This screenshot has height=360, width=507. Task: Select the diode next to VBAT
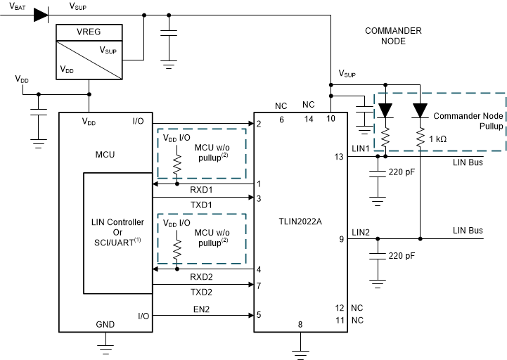coord(41,14)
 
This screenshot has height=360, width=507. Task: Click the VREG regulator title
coord(88,32)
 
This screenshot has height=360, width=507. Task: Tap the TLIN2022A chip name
coord(299,222)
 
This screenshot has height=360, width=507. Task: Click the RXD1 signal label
coord(201,191)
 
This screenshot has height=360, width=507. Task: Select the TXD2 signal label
coord(201,291)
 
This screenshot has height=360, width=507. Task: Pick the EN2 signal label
coord(201,308)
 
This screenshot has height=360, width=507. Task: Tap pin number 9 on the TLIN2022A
coord(340,239)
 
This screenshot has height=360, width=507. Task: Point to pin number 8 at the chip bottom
coord(300,324)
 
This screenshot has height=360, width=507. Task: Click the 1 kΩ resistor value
coord(437,139)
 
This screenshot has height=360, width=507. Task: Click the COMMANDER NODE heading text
coord(393,36)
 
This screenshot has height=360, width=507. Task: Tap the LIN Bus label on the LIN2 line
coord(468,231)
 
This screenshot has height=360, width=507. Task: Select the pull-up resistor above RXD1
coord(177,166)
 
